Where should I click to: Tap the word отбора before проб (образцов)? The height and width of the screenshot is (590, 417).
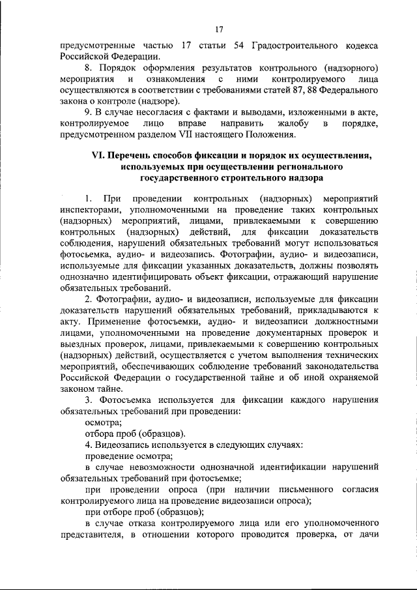pyautogui.click(x=102, y=433)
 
